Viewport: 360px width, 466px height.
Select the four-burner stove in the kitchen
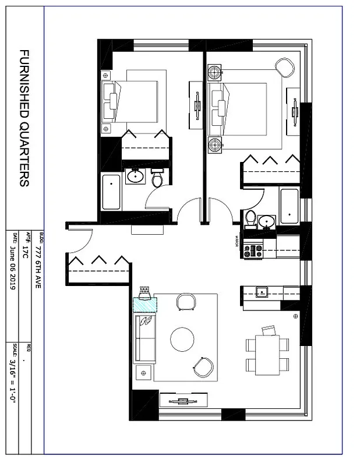(x=253, y=251)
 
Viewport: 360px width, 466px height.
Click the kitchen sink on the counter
(x=262, y=292)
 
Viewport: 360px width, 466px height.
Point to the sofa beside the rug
(x=145, y=338)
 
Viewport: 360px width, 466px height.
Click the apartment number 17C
(x=25, y=250)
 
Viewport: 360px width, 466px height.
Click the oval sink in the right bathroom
(x=267, y=221)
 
